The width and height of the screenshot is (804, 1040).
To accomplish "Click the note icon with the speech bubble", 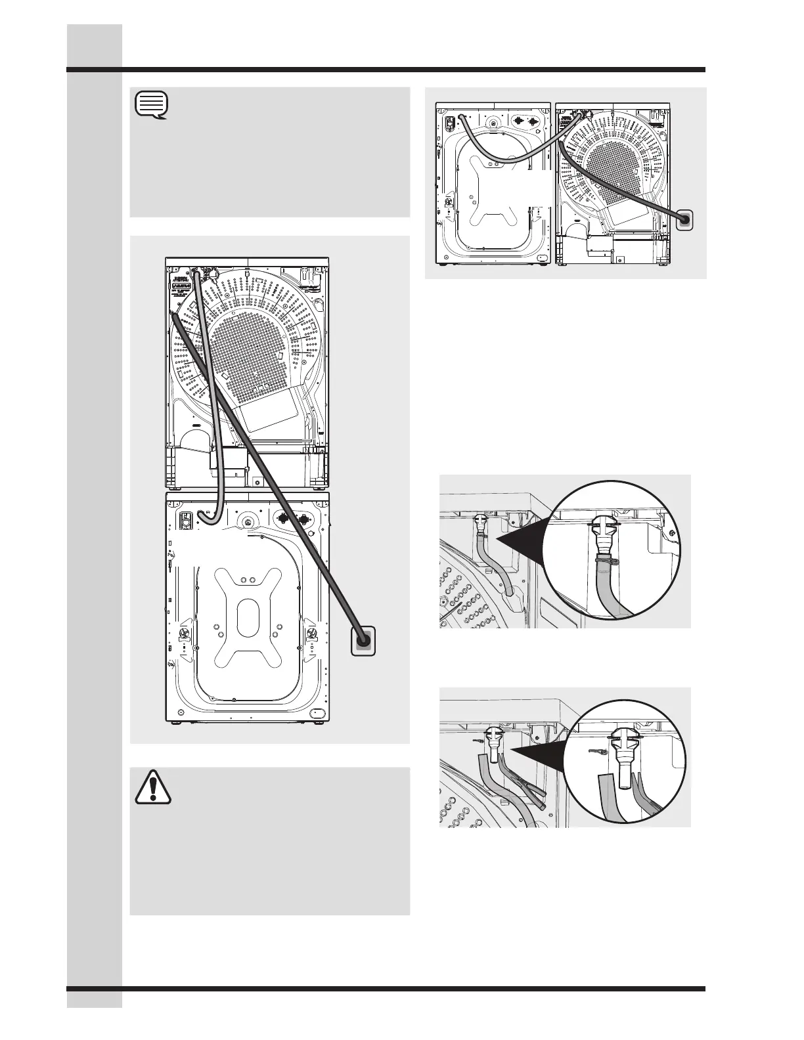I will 152,106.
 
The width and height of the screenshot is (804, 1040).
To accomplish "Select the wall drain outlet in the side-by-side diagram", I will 684,219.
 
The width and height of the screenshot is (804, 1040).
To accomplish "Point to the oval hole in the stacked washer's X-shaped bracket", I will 246,615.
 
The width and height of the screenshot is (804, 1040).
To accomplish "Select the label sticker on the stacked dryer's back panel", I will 179,288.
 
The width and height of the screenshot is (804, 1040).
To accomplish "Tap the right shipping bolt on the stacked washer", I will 311,633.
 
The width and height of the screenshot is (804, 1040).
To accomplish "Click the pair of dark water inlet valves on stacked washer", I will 293,519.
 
